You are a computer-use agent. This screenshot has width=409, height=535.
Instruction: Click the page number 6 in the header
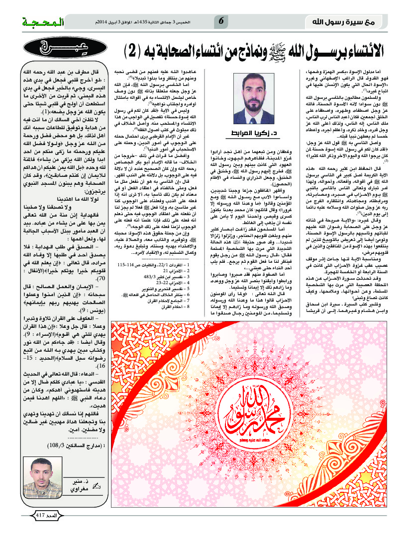[221, 21]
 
